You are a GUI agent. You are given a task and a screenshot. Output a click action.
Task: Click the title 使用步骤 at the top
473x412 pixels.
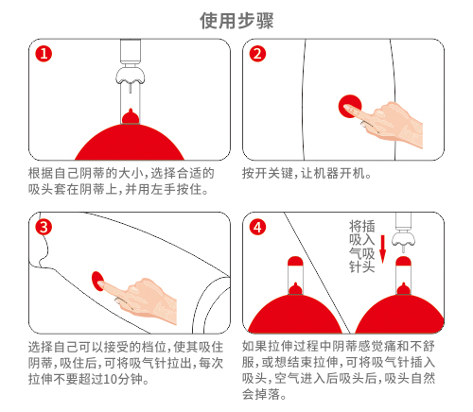pyautogui.click(x=236, y=21)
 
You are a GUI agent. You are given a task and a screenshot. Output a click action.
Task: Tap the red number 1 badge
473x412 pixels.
pyautogui.click(x=44, y=54)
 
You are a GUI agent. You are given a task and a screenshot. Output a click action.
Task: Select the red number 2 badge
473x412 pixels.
pyautogui.click(x=257, y=54)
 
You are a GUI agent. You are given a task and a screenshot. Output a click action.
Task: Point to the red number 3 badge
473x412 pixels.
pyautogui.click(x=44, y=227)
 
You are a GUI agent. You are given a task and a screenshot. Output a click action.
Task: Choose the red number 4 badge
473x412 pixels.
pyautogui.click(x=257, y=227)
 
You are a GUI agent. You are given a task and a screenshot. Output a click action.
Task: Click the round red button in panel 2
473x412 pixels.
pyautogui.click(x=350, y=106)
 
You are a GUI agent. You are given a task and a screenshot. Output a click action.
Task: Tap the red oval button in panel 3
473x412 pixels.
pyautogui.click(x=97, y=281)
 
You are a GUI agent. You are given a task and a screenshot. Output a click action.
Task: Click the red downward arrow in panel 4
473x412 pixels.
pyautogui.click(x=382, y=249)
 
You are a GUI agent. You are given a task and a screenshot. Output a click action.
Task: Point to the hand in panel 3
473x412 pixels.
pyautogui.click(x=140, y=299)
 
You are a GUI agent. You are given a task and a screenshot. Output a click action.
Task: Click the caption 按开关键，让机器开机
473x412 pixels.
pyautogui.click(x=307, y=173)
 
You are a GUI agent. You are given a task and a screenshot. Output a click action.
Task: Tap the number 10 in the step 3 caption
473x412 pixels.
pyautogui.click(x=111, y=379)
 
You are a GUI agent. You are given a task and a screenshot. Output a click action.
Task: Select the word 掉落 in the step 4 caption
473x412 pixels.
pyautogui.click(x=268, y=394)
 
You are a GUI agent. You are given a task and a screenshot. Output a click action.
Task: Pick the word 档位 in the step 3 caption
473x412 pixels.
pyautogui.click(x=154, y=347)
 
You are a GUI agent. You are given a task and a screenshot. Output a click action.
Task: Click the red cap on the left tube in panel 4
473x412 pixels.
pyautogui.click(x=295, y=261)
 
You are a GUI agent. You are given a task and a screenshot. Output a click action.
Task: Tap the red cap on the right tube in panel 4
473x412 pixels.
pyautogui.click(x=403, y=261)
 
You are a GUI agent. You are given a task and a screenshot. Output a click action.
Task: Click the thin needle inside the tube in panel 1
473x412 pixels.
pyautogui.click(x=130, y=88)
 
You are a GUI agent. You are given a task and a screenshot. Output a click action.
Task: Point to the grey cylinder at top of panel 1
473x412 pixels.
pyautogui.click(x=131, y=50)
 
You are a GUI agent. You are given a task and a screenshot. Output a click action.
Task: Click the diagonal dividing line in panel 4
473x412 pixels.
pyautogui.click(x=317, y=273)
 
